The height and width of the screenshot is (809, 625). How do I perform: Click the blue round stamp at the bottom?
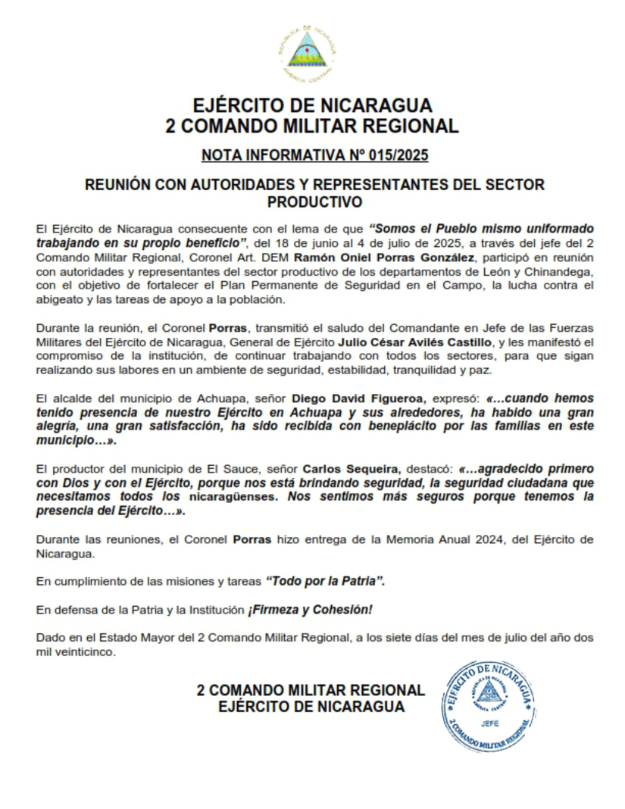[x=489, y=705]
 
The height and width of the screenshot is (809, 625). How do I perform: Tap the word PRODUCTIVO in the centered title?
[x=314, y=202]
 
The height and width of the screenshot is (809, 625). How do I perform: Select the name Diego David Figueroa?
[x=360, y=398]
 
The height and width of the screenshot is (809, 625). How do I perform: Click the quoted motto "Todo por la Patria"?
[x=326, y=581]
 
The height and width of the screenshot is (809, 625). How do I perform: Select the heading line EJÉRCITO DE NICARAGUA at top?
[x=312, y=105]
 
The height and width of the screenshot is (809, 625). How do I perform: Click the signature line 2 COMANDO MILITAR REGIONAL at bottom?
[x=311, y=690]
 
